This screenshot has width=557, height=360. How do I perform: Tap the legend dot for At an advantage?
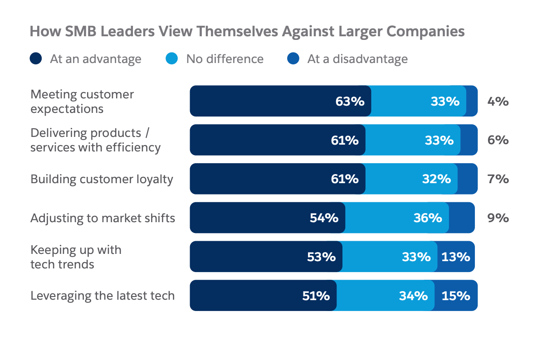[x=36, y=59]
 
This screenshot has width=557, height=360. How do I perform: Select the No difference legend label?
[x=225, y=59]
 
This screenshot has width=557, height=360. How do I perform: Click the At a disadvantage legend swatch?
[x=293, y=59]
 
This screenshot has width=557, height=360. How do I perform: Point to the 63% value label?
[x=350, y=101]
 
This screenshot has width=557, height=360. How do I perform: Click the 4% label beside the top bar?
[x=498, y=101]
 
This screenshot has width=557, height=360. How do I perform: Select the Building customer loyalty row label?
[x=102, y=179]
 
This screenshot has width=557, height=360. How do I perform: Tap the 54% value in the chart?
[x=324, y=218]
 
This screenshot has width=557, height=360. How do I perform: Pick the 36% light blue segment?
[x=397, y=218]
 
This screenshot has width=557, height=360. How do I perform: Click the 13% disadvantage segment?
[x=455, y=257]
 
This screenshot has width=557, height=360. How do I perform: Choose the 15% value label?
[x=456, y=296]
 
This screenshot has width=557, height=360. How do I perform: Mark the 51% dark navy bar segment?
[x=263, y=296]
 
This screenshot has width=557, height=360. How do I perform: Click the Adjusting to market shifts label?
[x=103, y=218]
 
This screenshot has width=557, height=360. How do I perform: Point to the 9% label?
[x=498, y=218]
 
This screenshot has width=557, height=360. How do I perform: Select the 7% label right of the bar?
[x=498, y=179]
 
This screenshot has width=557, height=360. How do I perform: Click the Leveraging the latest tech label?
[x=103, y=296]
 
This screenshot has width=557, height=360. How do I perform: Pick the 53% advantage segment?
[x=265, y=257]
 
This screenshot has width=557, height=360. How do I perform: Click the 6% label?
[x=498, y=140]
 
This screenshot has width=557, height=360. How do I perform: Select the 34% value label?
[x=413, y=296]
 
